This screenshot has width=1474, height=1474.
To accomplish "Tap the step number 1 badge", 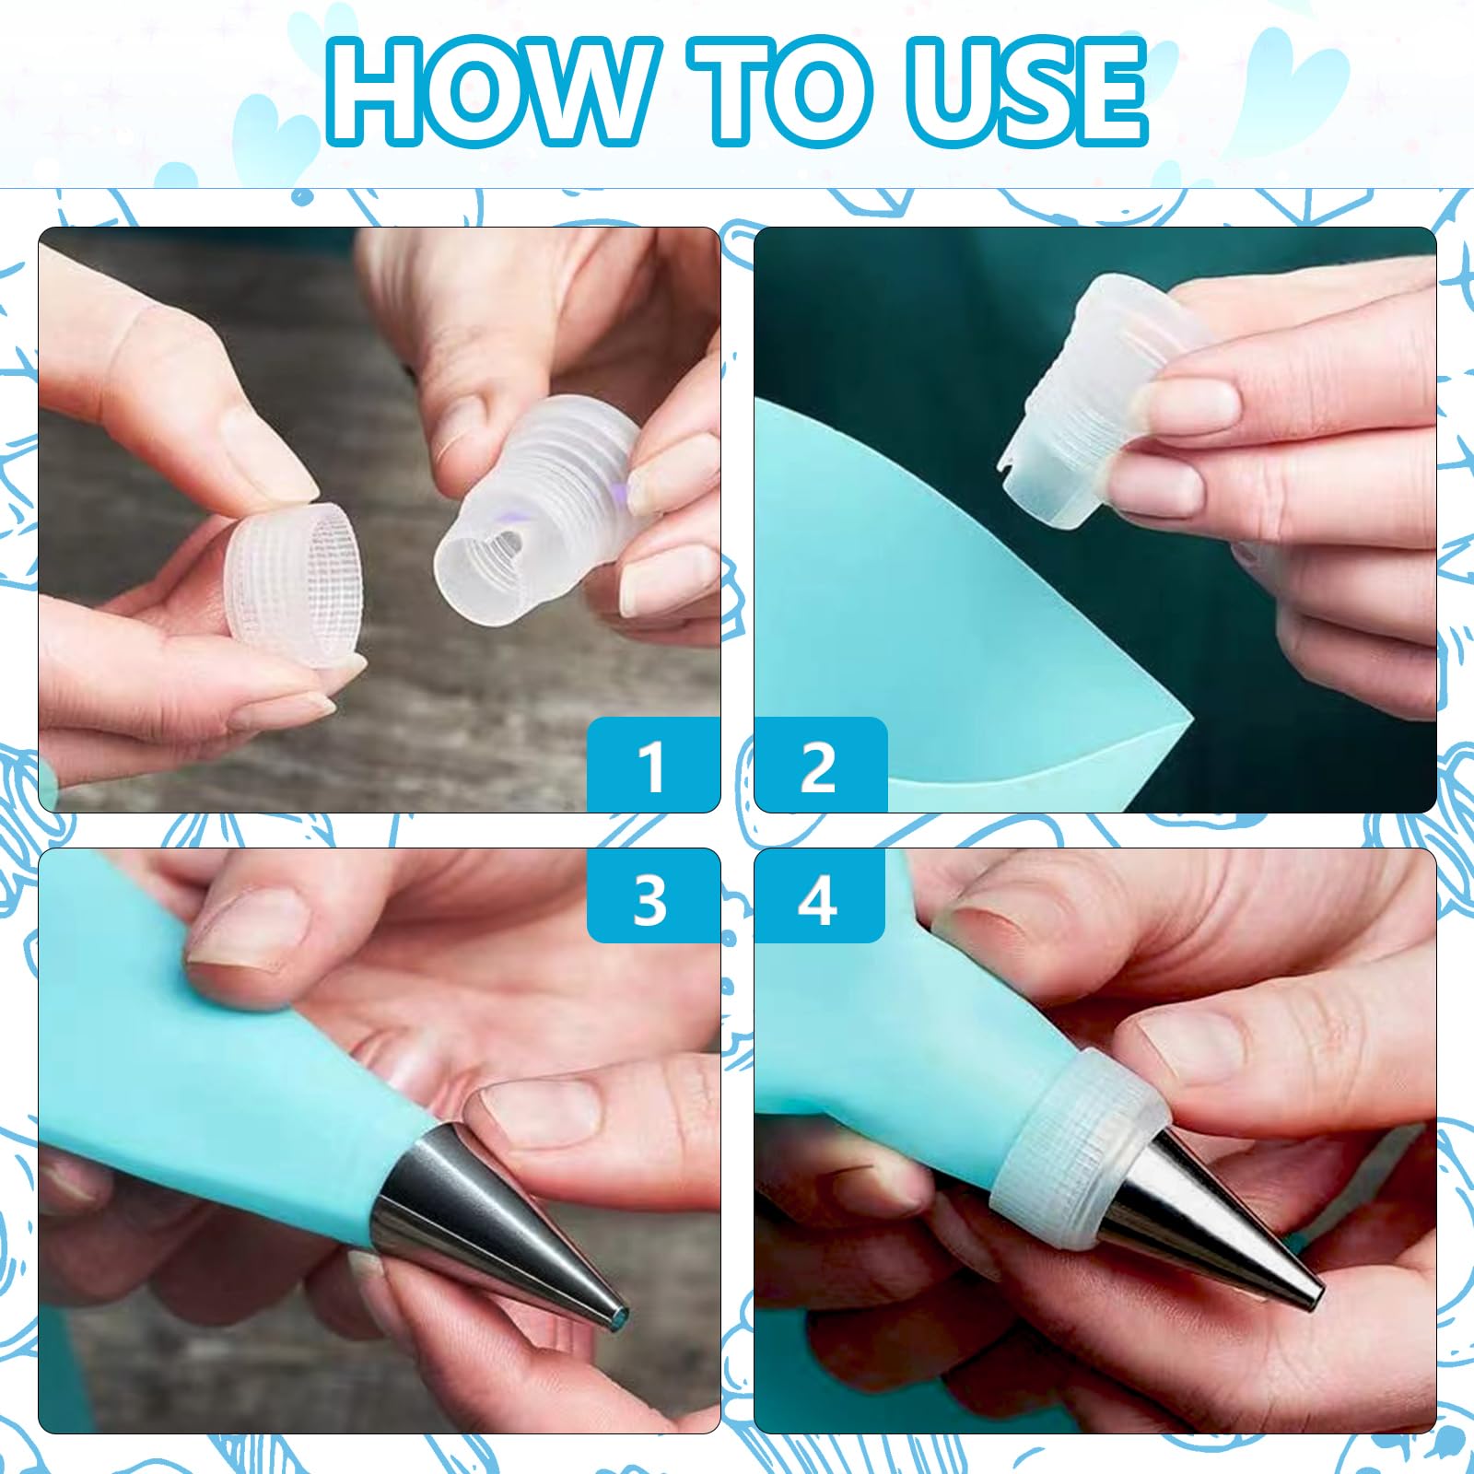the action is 653,765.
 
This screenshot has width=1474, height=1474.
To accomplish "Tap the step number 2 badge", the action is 820,765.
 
